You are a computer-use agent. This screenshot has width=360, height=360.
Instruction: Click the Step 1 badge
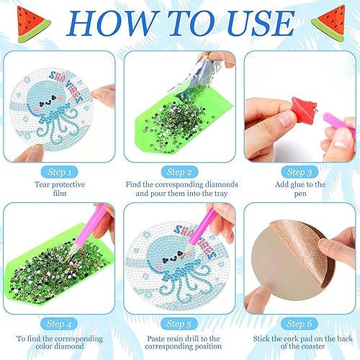pyautogui.click(x=60, y=172)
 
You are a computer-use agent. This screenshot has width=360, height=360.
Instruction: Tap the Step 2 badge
pyautogui.click(x=179, y=172)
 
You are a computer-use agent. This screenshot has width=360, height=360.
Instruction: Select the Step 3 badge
pyautogui.click(x=300, y=172)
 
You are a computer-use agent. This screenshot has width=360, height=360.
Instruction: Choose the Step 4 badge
pyautogui.click(x=59, y=324)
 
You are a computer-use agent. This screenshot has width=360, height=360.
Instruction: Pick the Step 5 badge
pyautogui.click(x=179, y=324)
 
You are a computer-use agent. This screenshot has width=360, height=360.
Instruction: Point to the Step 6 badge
pyautogui.click(x=300, y=324)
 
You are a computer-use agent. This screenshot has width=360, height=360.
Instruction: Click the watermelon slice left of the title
pyautogui.click(x=32, y=24)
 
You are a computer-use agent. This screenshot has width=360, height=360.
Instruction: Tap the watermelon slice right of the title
pyautogui.click(x=329, y=23)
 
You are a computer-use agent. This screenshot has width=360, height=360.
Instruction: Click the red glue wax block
pyautogui.click(x=305, y=107)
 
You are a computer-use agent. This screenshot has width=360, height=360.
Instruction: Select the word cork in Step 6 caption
pyautogui.click(x=291, y=338)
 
